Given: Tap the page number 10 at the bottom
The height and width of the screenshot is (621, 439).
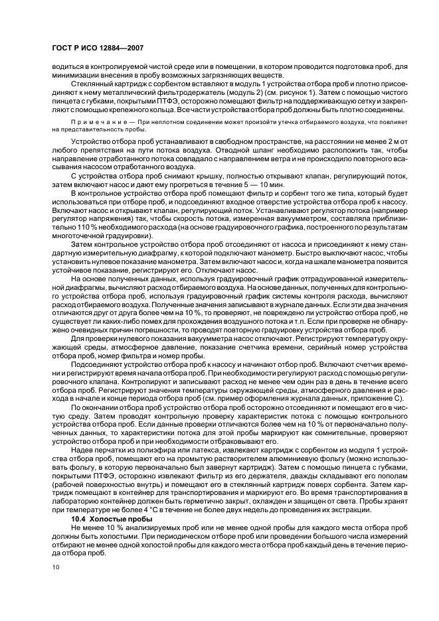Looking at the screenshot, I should pyautogui.click(x=55, y=566).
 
